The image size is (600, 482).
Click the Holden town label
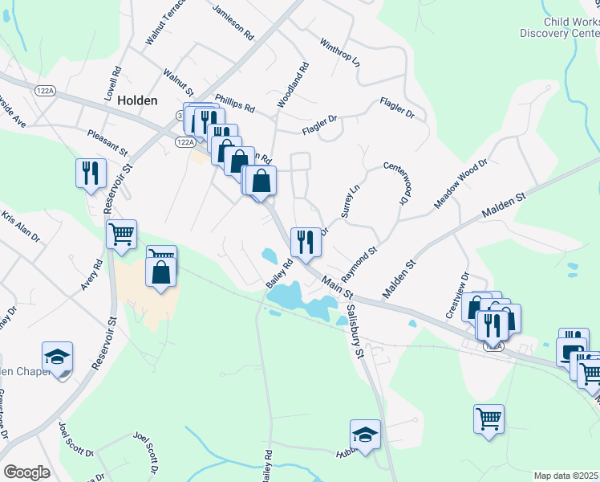(x=136, y=100)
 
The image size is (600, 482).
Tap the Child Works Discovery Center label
(x=559, y=27)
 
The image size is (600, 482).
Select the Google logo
(x=26, y=472)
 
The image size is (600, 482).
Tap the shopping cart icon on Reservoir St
(x=121, y=234)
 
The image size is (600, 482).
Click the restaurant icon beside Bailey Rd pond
(x=305, y=241)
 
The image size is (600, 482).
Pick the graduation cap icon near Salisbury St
(x=366, y=435)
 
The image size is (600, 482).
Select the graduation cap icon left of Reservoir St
(x=58, y=356)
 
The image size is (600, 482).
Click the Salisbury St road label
(x=354, y=329)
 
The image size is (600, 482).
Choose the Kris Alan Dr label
(x=20, y=227)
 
